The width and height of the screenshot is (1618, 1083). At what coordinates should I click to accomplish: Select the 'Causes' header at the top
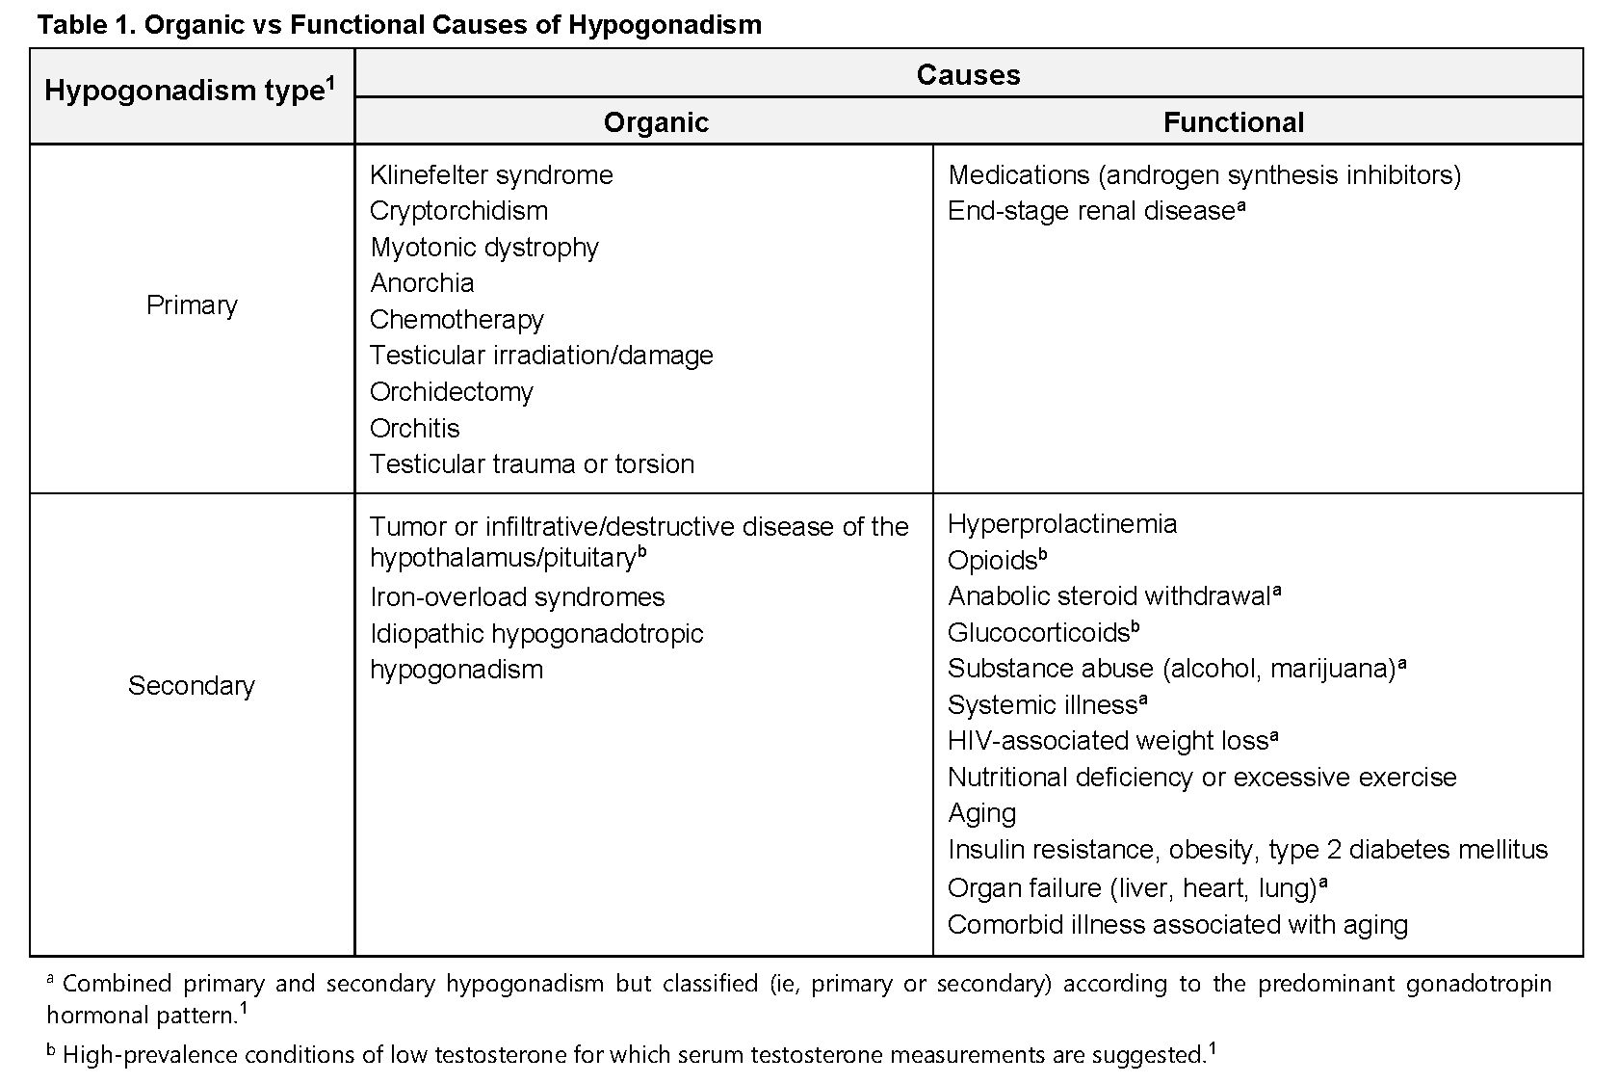[968, 75]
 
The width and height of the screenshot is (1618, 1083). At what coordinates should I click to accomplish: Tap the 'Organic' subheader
[656, 122]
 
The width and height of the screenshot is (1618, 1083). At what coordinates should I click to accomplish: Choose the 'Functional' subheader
[1233, 122]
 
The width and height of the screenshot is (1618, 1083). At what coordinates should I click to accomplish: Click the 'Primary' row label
[192, 305]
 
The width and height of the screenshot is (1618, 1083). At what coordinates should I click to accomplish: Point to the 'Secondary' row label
[192, 686]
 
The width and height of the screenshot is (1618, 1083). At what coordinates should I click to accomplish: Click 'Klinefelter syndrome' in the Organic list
[491, 175]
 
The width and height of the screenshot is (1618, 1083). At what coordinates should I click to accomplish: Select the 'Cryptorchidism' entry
[458, 211]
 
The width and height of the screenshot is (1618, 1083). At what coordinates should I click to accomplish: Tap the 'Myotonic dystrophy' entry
[484, 248]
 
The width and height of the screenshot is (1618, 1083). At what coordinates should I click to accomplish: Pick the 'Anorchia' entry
[422, 283]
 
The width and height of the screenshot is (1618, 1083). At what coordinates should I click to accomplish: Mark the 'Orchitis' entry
[415, 428]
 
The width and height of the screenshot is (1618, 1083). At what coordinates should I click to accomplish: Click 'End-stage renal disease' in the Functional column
[1091, 211]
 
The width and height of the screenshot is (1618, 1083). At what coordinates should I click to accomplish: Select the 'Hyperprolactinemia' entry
[1062, 524]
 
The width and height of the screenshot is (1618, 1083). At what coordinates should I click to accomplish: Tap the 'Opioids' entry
[992, 561]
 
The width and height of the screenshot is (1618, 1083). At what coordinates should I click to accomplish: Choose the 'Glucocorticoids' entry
[1038, 633]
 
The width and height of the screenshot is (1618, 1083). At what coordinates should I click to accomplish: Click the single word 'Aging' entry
[981, 813]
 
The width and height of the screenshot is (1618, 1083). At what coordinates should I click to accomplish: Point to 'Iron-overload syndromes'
[517, 597]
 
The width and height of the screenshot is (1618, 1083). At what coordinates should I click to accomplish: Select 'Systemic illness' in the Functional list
[1042, 705]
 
